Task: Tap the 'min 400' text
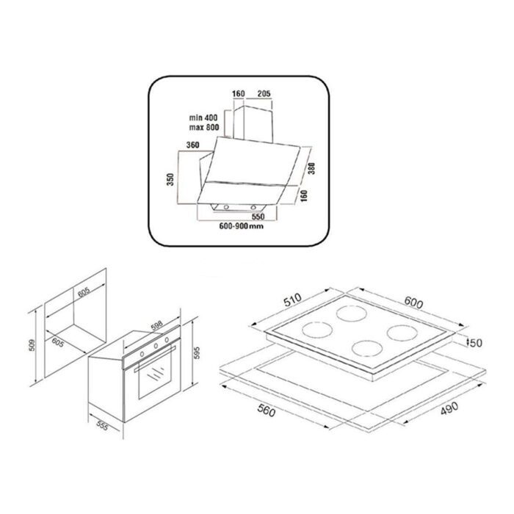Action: (x=203, y=117)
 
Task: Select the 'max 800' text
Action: (x=203, y=128)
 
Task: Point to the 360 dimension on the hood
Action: (x=194, y=145)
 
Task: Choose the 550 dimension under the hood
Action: (x=257, y=217)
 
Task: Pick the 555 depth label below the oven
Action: (x=103, y=428)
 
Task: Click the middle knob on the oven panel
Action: (x=155, y=343)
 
